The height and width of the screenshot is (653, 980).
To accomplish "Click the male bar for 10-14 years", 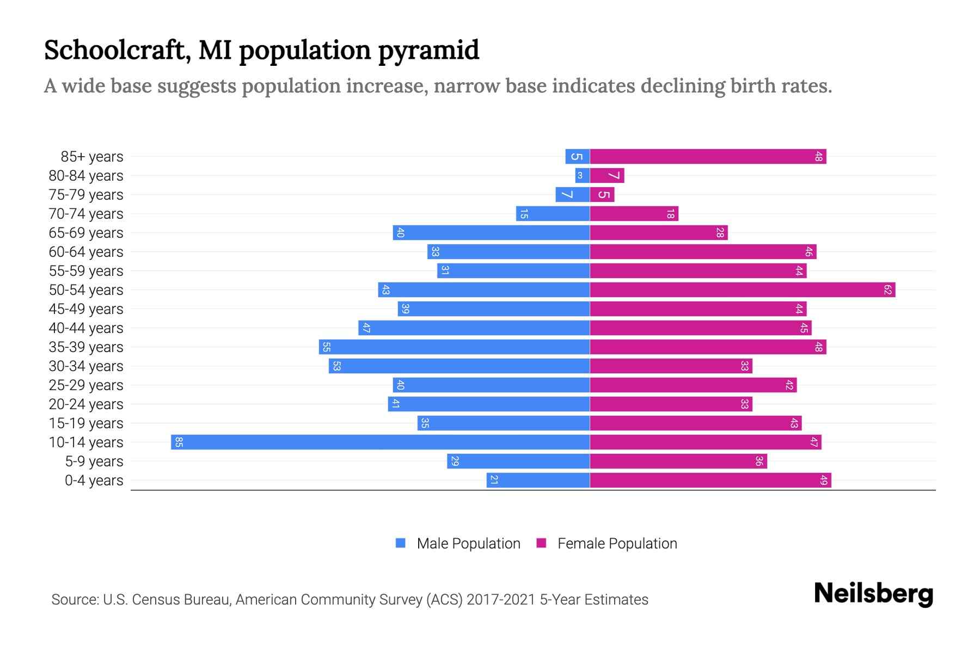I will tap(380, 442).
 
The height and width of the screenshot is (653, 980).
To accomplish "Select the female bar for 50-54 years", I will tap(742, 289).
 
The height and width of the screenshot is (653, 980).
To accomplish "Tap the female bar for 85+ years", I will tap(708, 156).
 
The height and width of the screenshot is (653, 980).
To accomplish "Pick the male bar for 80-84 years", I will tap(582, 175).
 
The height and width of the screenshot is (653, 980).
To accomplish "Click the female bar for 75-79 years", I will tap(602, 194).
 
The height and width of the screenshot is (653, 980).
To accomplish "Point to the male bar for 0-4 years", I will tap(538, 480).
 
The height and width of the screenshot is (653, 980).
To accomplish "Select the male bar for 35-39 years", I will tap(454, 347).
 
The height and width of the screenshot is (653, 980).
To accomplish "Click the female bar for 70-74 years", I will tap(634, 213).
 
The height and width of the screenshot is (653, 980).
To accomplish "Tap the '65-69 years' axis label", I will tap(86, 233).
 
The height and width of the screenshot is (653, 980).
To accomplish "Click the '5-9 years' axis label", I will tap(94, 461).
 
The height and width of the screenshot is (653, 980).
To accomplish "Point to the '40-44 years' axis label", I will tap(86, 328).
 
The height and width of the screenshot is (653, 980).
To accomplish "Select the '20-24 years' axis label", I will tap(86, 404).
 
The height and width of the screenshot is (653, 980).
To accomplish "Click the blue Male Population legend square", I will tap(401, 543).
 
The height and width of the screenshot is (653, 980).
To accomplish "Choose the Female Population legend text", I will tap(617, 544).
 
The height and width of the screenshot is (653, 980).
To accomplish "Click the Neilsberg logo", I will tap(873, 594).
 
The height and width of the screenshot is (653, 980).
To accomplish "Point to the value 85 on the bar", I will tap(179, 442).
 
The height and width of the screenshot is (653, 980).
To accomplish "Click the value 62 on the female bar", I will tap(887, 289).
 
